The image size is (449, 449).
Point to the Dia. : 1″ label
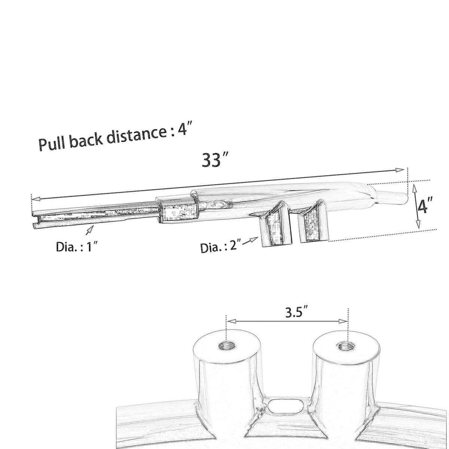click(76, 247)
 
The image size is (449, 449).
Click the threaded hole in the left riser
click(226, 346)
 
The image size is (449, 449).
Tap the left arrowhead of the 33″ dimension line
click(35, 199)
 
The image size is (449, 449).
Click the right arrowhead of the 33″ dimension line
click(400, 170)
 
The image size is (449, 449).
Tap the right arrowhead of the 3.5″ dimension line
click(343, 321)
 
